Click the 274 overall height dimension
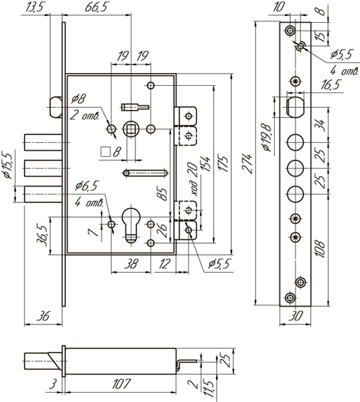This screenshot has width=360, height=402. point(247,163)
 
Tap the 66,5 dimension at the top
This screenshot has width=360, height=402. point(96,7)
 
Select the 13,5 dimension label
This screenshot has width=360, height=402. point(34,7)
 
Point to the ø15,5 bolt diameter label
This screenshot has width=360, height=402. point(7,166)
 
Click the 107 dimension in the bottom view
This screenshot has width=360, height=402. point(121,384)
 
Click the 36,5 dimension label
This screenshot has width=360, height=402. point(42,236)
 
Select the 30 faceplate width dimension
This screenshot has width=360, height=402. point(296,316)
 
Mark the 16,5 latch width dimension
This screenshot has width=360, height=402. point(331,84)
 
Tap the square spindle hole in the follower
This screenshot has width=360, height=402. point(131,129)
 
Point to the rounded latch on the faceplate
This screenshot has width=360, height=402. point(296,107)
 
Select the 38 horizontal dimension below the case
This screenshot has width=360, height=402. point(131,263)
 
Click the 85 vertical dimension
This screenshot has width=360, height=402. point(162,194)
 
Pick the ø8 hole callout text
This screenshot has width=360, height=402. point(79,98)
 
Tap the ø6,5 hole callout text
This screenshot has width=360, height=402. point(86,186)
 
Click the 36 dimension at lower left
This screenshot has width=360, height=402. point(43,316)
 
